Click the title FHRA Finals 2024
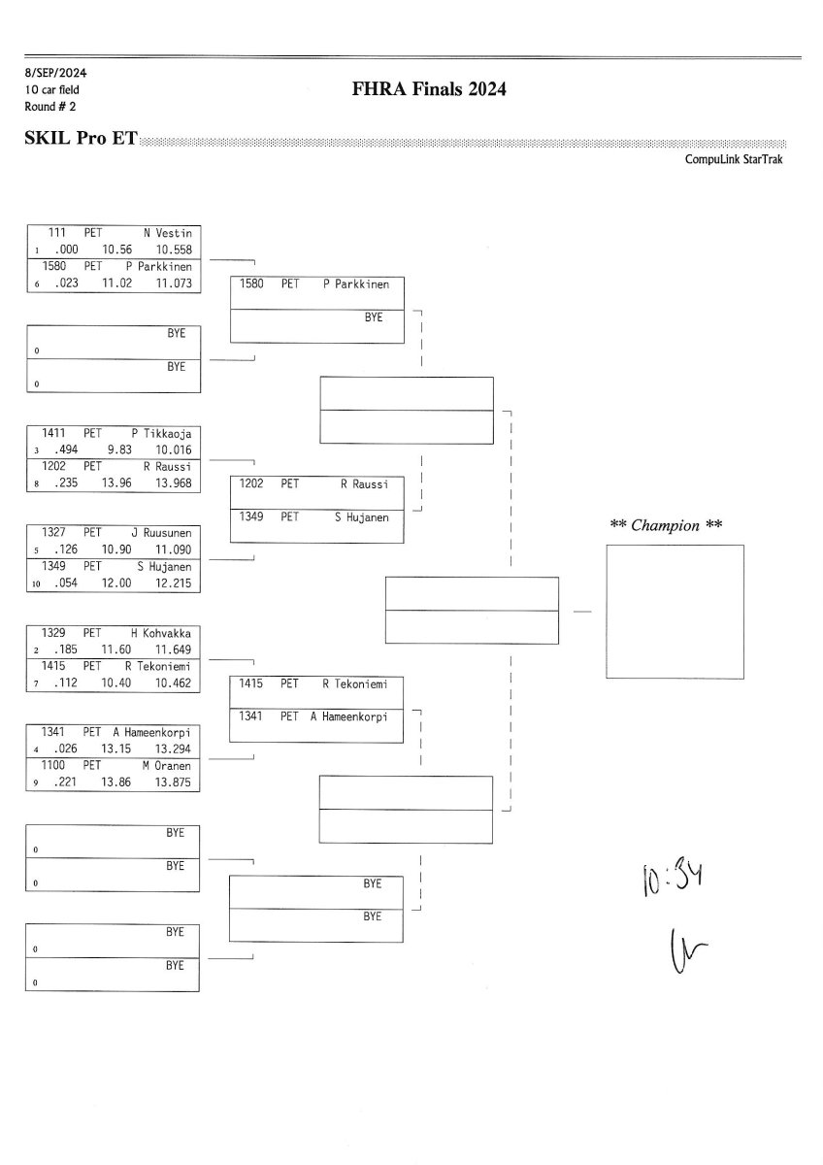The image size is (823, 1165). pyautogui.click(x=430, y=90)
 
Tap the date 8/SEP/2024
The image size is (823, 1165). pyautogui.click(x=49, y=73)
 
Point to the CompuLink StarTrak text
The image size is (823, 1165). pyautogui.click(x=734, y=159)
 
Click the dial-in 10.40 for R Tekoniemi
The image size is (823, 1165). pyautogui.click(x=116, y=683)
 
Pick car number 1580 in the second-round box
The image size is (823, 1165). pyautogui.click(x=252, y=284)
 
